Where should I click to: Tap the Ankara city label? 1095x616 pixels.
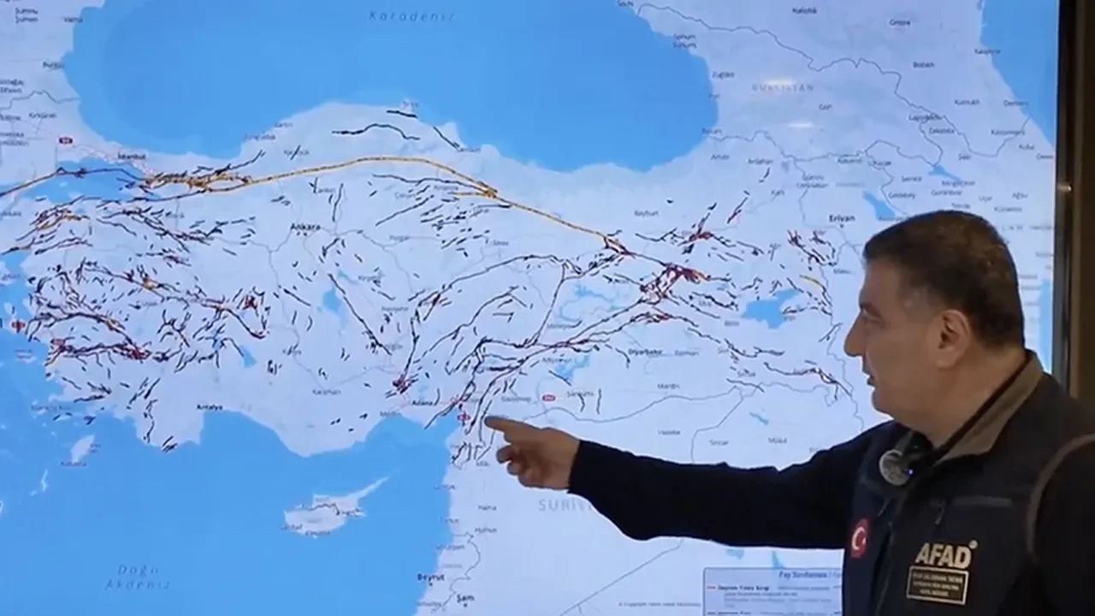pos(305,227)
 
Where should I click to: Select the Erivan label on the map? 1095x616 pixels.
pos(842,218)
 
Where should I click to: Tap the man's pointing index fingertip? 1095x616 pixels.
pos(489,421)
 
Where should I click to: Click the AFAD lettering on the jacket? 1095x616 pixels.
pos(944,555)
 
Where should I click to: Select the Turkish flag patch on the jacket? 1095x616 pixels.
pos(858,538)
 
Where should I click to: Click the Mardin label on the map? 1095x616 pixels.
pos(668,386)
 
